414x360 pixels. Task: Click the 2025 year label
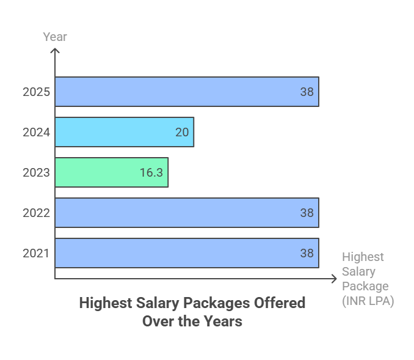(x=35, y=92)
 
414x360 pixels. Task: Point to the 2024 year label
(x=35, y=133)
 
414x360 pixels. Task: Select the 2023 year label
(x=35, y=173)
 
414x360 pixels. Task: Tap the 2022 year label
(x=35, y=213)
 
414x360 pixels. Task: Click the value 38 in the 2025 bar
(x=307, y=92)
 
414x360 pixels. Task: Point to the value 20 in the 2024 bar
(x=182, y=133)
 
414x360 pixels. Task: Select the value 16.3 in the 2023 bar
(x=151, y=173)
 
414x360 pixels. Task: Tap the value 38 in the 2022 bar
(x=307, y=213)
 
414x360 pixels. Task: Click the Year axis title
(x=55, y=37)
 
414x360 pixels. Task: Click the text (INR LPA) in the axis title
(x=368, y=301)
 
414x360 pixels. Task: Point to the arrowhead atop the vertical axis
(x=55, y=51)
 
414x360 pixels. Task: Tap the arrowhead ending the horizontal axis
(x=333, y=279)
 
